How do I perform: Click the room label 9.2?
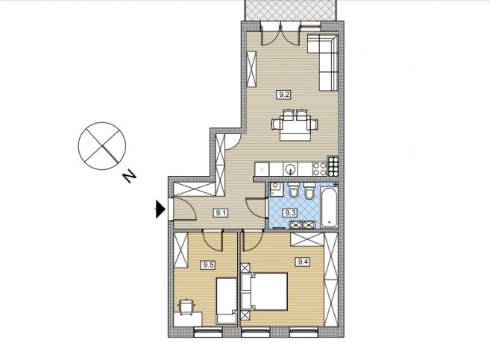[x=283, y=95]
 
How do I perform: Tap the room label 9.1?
[x=221, y=213]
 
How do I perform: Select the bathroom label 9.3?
[x=289, y=213]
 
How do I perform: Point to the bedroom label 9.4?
[x=303, y=262]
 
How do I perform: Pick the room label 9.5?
[x=208, y=265]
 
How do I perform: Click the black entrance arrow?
[x=160, y=209]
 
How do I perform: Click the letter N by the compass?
[x=129, y=177]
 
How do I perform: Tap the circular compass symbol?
[x=102, y=146]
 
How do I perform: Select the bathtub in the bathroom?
[x=329, y=206]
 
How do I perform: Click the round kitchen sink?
[x=291, y=169]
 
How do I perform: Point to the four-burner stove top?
[x=320, y=169]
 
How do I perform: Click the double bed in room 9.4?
[x=264, y=291]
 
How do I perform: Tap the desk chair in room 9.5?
[x=186, y=306]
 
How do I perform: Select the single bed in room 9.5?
[x=227, y=301]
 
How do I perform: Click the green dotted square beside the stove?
[x=333, y=165]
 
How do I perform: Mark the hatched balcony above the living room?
[x=291, y=10]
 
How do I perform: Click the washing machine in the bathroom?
[x=276, y=189]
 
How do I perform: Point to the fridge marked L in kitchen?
[x=262, y=169]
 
